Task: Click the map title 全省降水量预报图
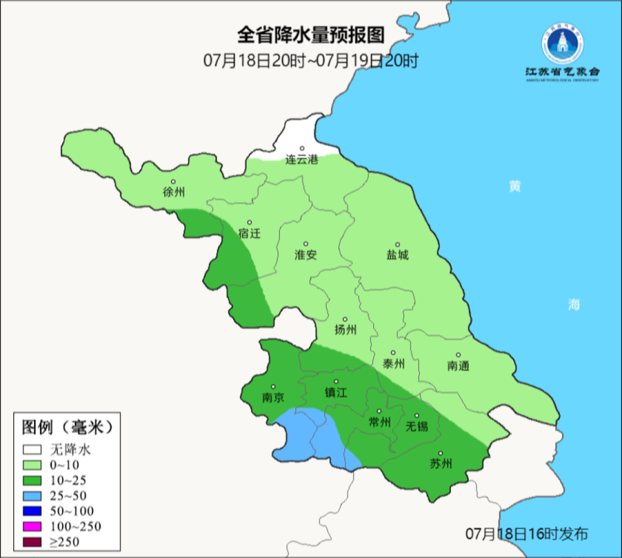[310, 36]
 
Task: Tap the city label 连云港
[302, 161]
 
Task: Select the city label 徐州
[174, 192]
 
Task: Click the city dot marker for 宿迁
[249, 222]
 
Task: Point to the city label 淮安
[306, 255]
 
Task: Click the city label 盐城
[397, 255]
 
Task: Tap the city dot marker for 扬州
[346, 319]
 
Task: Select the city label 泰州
[393, 364]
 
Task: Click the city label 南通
[458, 366]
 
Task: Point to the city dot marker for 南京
[273, 387]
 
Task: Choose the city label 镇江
[336, 393]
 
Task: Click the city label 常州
[379, 422]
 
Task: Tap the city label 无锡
[416, 427]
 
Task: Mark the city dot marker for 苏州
[441, 453]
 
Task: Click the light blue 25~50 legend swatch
[33, 495]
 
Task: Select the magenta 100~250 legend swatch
[33, 526]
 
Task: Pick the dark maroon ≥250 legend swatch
[33, 541]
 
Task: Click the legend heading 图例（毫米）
[66, 427]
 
